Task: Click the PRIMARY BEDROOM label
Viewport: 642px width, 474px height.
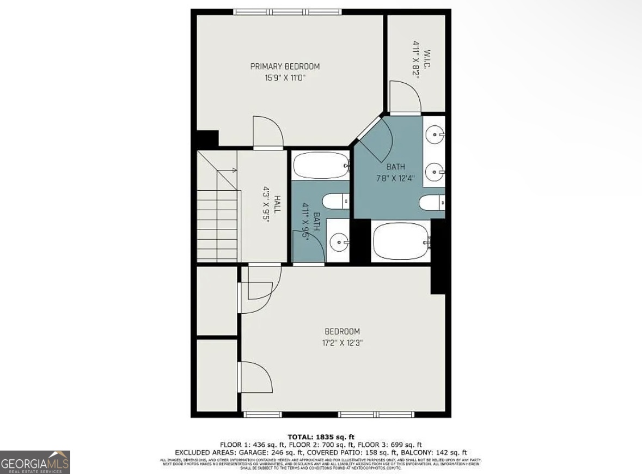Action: (285, 66)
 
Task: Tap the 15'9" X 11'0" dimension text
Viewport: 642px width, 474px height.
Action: (285, 78)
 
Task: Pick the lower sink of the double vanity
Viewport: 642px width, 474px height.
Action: (435, 172)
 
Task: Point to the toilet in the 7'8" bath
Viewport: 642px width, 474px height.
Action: (432, 203)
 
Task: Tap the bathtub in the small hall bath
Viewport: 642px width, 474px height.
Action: (321, 165)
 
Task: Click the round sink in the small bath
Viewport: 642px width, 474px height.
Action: (339, 240)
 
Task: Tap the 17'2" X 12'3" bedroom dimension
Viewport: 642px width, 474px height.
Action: (342, 343)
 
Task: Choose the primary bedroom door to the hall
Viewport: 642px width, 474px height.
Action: (268, 132)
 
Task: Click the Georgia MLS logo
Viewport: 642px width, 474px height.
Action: (35, 462)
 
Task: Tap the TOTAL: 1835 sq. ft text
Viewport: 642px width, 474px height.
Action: (321, 437)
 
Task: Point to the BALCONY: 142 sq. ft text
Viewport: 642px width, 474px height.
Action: (433, 452)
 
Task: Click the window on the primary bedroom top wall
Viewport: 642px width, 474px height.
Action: (288, 11)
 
